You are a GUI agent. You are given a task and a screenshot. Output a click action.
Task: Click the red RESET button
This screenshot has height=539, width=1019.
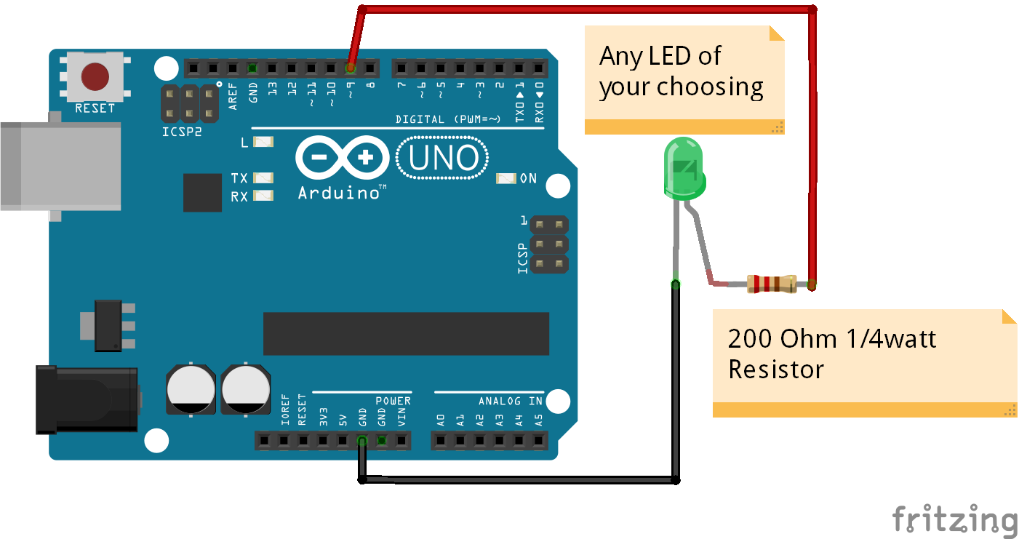95,76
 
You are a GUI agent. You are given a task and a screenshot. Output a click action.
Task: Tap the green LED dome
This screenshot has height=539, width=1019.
684,169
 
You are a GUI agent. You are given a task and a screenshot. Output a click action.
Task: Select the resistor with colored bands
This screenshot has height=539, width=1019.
772,284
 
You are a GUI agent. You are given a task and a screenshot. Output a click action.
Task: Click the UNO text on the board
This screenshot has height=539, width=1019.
443,158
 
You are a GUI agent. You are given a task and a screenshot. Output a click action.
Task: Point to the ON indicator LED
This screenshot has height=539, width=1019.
505,178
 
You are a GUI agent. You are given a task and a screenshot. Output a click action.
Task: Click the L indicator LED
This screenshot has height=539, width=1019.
263,142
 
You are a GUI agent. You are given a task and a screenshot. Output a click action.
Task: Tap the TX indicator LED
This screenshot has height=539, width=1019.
263,177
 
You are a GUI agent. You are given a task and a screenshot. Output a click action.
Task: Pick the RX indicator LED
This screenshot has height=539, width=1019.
263,196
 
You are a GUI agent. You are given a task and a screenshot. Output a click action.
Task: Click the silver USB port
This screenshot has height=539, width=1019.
60,167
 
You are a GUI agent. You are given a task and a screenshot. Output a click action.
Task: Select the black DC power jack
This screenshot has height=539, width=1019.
87,400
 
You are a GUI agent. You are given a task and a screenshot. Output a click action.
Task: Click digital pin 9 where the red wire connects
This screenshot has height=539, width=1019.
351,68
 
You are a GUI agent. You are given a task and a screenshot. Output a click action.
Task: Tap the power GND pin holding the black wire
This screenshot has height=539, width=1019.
362,440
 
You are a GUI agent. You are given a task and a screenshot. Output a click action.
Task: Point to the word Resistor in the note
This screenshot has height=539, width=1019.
776,369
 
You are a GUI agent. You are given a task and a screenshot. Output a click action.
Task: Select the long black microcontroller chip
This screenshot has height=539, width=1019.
407,333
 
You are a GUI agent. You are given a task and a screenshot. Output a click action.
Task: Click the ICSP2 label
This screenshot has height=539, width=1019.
182,132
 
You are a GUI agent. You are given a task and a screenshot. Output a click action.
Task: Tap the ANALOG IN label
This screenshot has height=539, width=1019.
511,401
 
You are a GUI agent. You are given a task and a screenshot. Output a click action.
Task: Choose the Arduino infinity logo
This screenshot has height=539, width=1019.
343,157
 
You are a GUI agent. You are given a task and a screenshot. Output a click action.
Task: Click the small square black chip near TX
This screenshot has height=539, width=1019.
202,193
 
